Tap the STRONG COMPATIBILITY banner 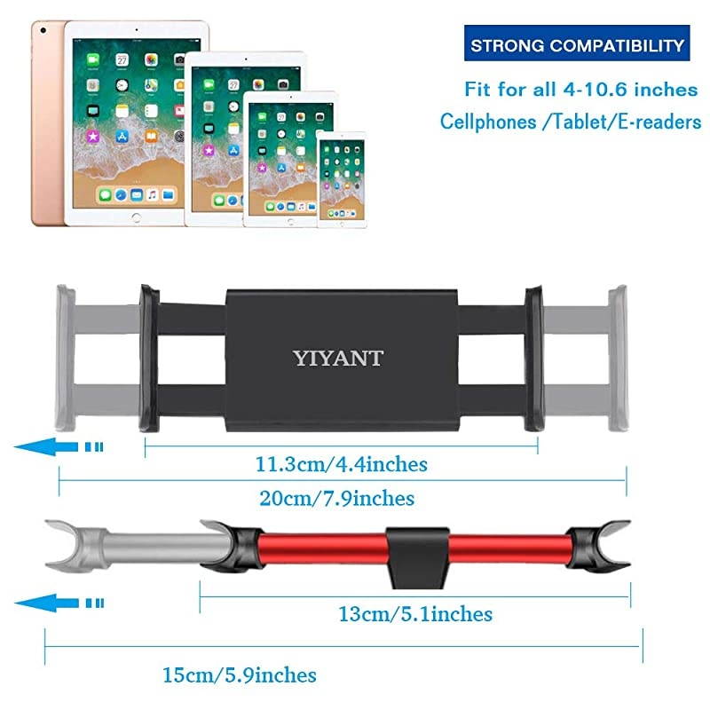tap(578, 45)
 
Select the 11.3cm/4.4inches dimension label tap(342, 463)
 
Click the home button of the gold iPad tap(137, 217)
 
